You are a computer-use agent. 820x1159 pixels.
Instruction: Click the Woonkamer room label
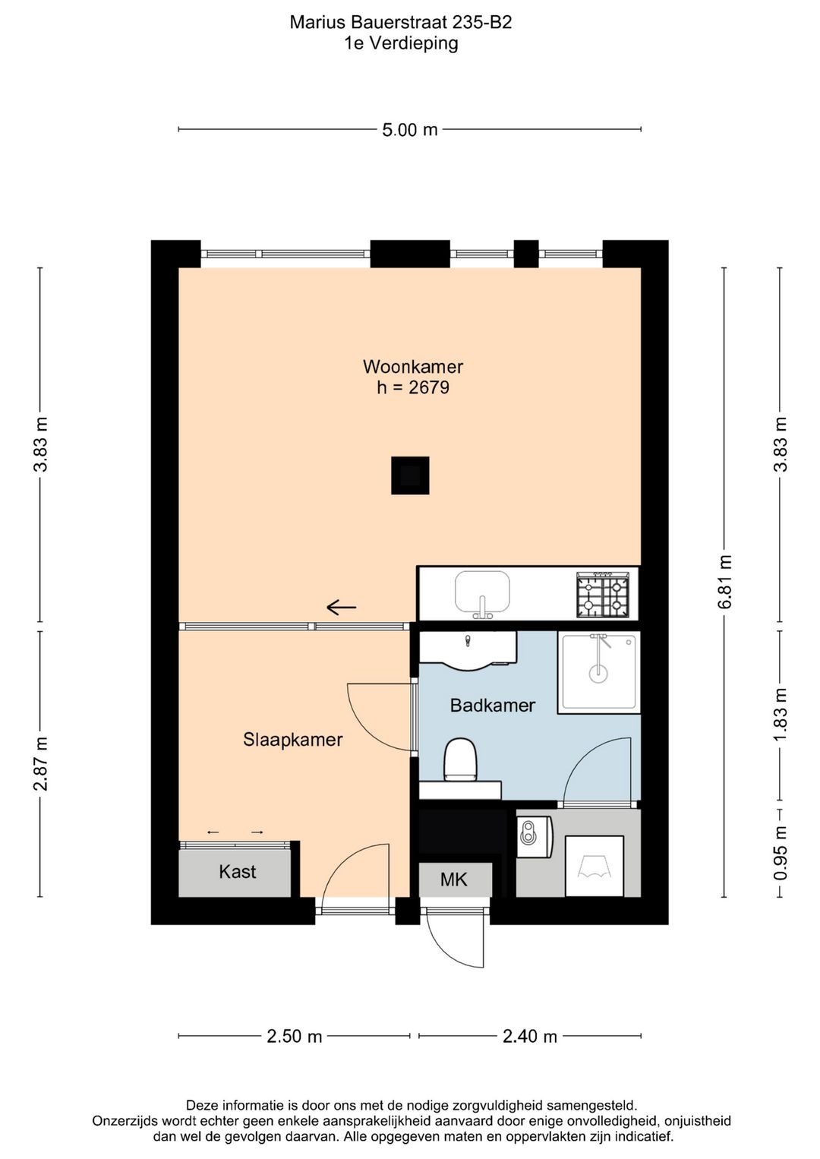[412, 367]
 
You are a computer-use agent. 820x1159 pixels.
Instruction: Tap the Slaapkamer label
[292, 740]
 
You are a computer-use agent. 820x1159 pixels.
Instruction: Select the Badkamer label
[492, 706]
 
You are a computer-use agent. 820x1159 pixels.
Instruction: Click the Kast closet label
[237, 872]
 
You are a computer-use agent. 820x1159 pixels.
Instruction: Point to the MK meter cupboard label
[454, 880]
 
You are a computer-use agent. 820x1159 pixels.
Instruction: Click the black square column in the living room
[410, 475]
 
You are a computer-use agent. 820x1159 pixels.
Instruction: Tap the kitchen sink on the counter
[481, 592]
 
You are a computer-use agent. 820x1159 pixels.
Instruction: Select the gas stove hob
[603, 594]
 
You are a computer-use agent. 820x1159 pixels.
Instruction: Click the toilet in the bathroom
[459, 760]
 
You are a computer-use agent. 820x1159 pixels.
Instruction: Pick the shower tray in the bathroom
[599, 672]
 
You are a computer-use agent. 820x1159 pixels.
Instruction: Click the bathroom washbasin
[468, 652]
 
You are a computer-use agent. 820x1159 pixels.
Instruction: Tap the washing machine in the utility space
[594, 866]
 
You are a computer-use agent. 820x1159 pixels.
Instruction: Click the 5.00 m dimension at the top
[410, 130]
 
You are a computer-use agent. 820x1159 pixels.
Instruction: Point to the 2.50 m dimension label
[295, 1037]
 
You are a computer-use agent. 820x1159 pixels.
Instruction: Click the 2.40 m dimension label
[530, 1037]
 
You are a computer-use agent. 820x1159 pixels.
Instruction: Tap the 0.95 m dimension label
[780, 853]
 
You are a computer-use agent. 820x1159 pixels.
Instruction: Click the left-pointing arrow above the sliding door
[342, 607]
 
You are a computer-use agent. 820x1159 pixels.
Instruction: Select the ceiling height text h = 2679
[413, 388]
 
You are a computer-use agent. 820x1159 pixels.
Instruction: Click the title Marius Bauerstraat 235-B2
[401, 23]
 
